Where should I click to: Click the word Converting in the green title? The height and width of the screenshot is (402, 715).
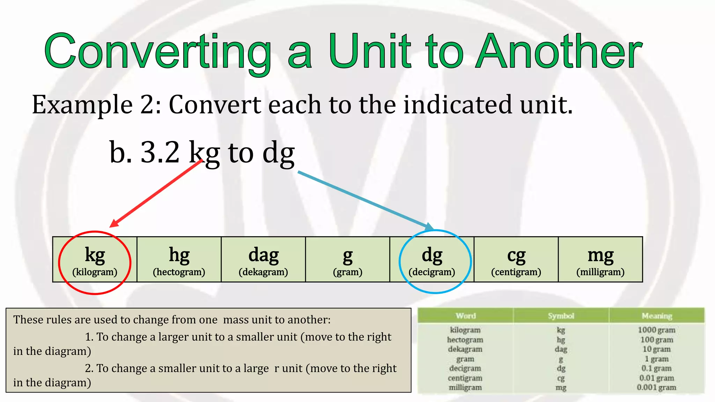[157, 52]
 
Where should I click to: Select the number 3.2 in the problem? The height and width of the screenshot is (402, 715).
[160, 152]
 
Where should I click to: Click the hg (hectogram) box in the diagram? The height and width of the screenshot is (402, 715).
[179, 260]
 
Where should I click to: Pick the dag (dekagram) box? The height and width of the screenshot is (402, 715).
[263, 260]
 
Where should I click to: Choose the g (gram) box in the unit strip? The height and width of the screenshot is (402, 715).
[348, 260]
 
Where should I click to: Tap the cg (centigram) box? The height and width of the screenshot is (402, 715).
[516, 260]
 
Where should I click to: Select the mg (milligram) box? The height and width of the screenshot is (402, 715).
[600, 260]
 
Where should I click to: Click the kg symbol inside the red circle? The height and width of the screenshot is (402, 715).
[95, 255]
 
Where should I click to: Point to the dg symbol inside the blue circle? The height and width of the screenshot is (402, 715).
[432, 255]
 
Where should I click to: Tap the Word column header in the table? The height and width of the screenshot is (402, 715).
[465, 316]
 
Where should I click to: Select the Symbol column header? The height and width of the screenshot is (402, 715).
[561, 316]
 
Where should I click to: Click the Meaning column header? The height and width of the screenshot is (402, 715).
[657, 316]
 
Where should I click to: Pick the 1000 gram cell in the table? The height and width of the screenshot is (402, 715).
[656, 330]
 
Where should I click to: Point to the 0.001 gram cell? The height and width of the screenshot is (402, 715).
[656, 387]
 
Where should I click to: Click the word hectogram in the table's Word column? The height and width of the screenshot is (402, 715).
[465, 340]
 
